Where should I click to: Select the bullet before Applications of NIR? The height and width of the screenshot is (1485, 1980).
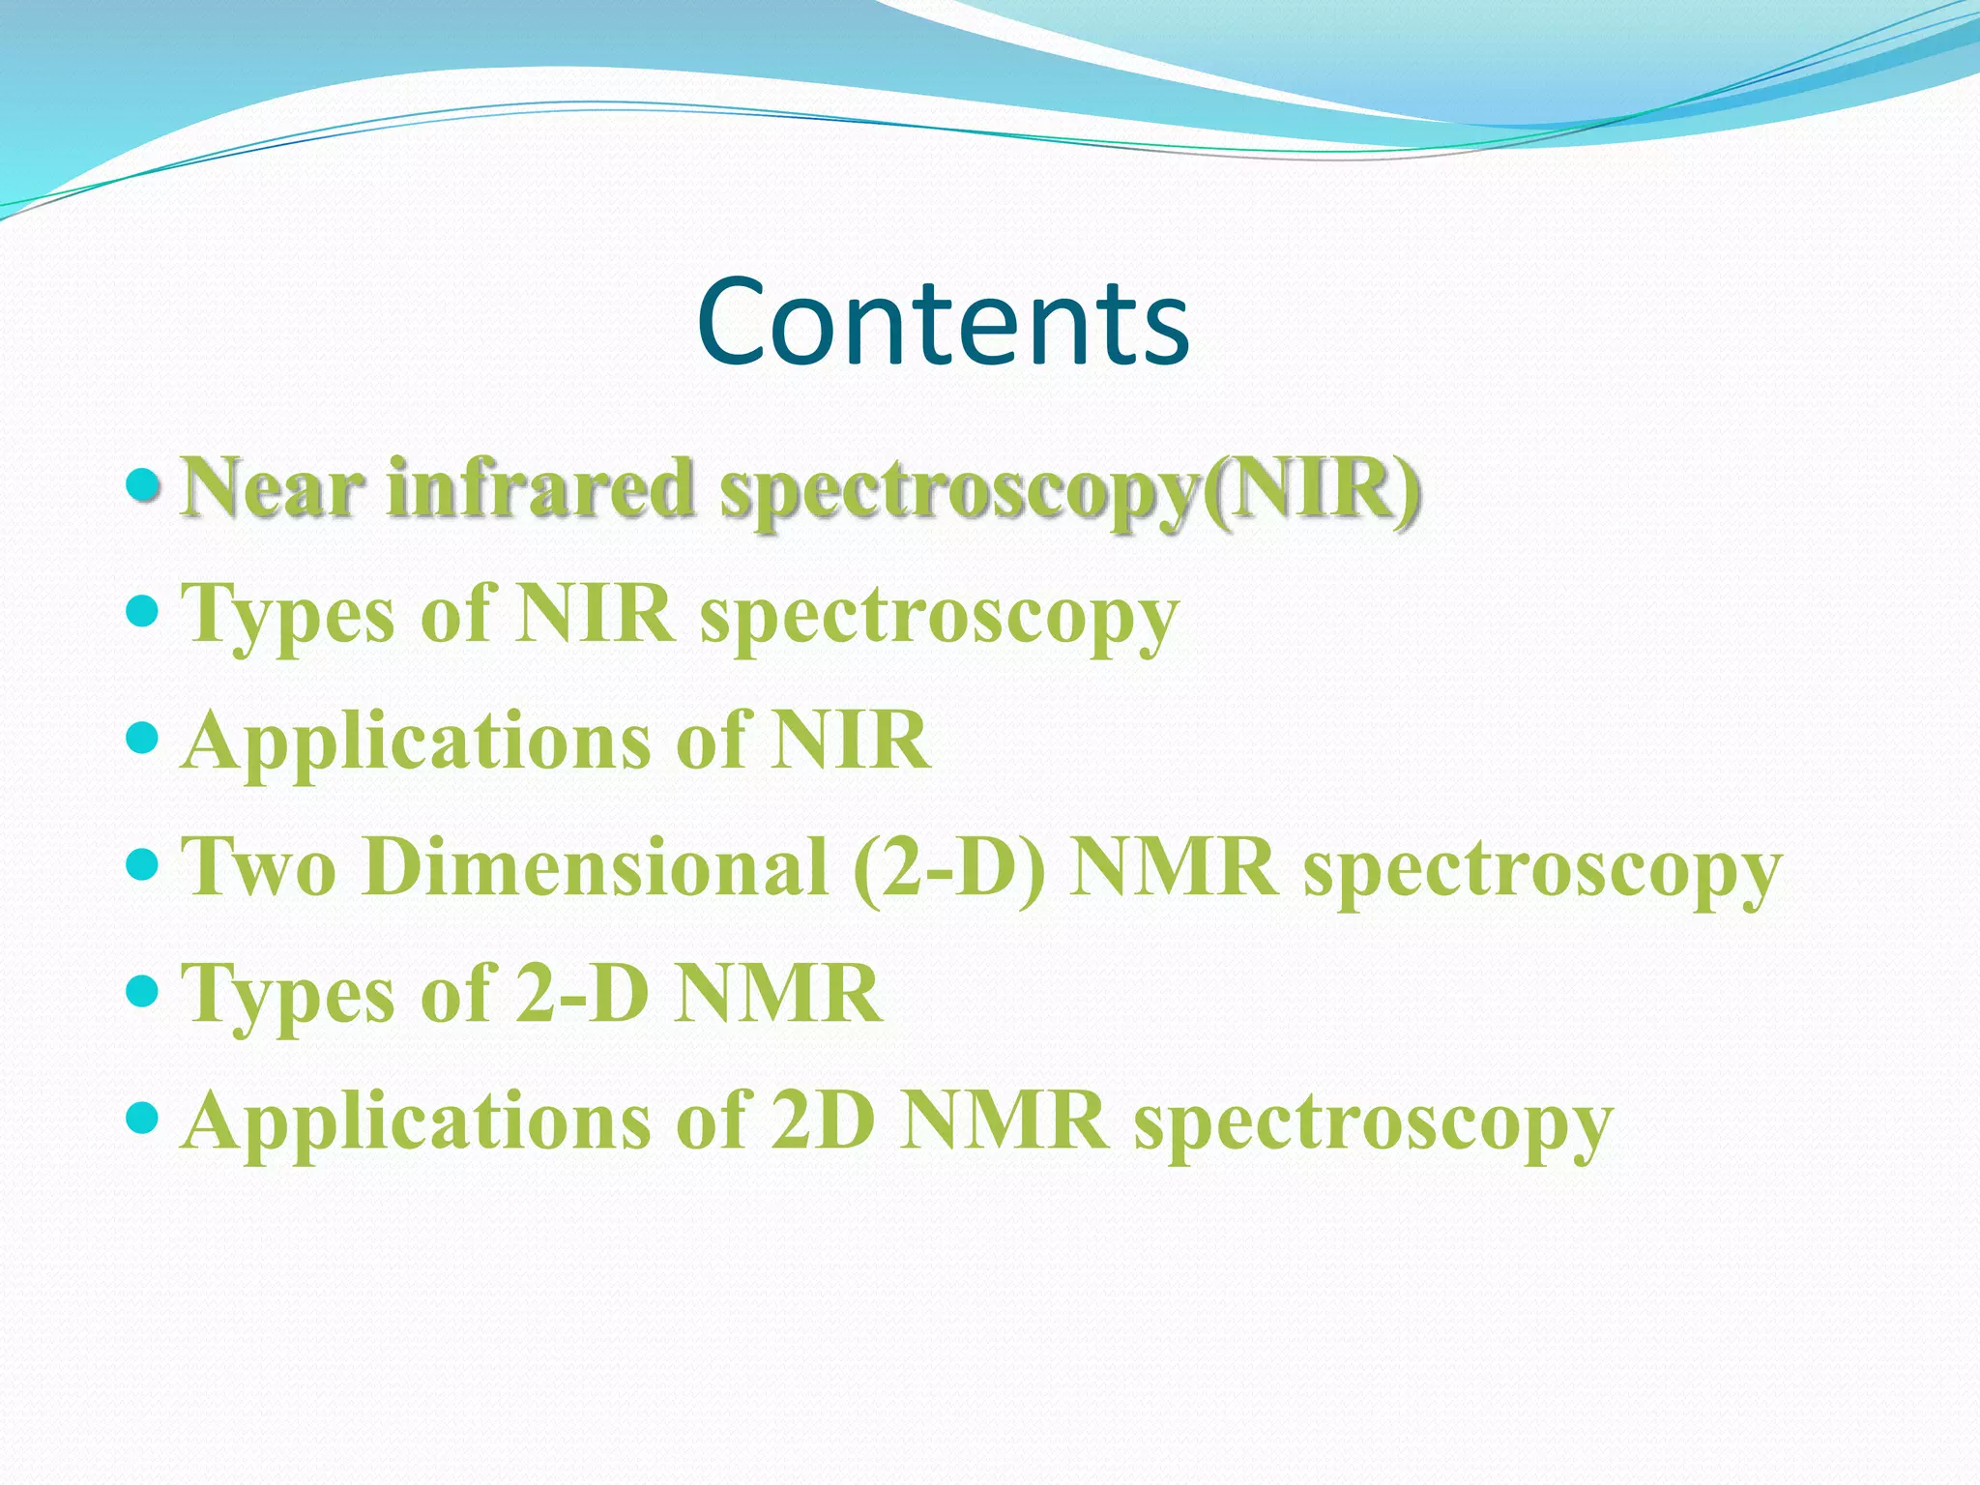(142, 739)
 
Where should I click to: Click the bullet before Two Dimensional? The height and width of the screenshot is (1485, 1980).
(142, 864)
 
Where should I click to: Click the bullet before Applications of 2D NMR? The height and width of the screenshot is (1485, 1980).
(142, 1119)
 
